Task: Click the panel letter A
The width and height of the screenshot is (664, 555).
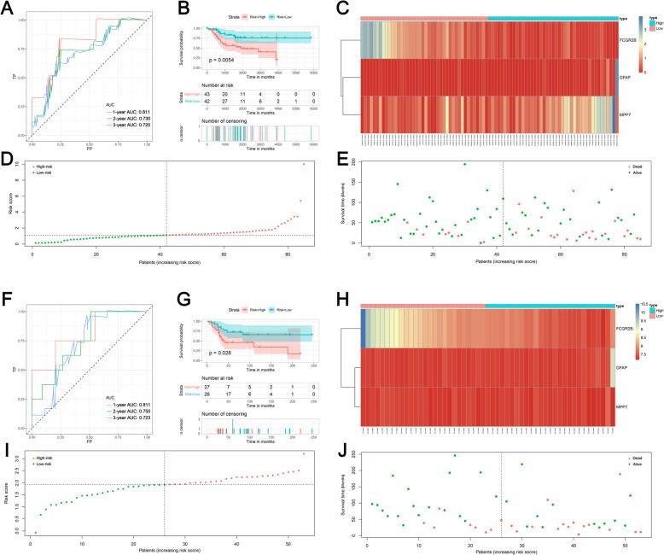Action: pos(7,7)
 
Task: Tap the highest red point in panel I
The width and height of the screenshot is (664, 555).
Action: pos(303,453)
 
